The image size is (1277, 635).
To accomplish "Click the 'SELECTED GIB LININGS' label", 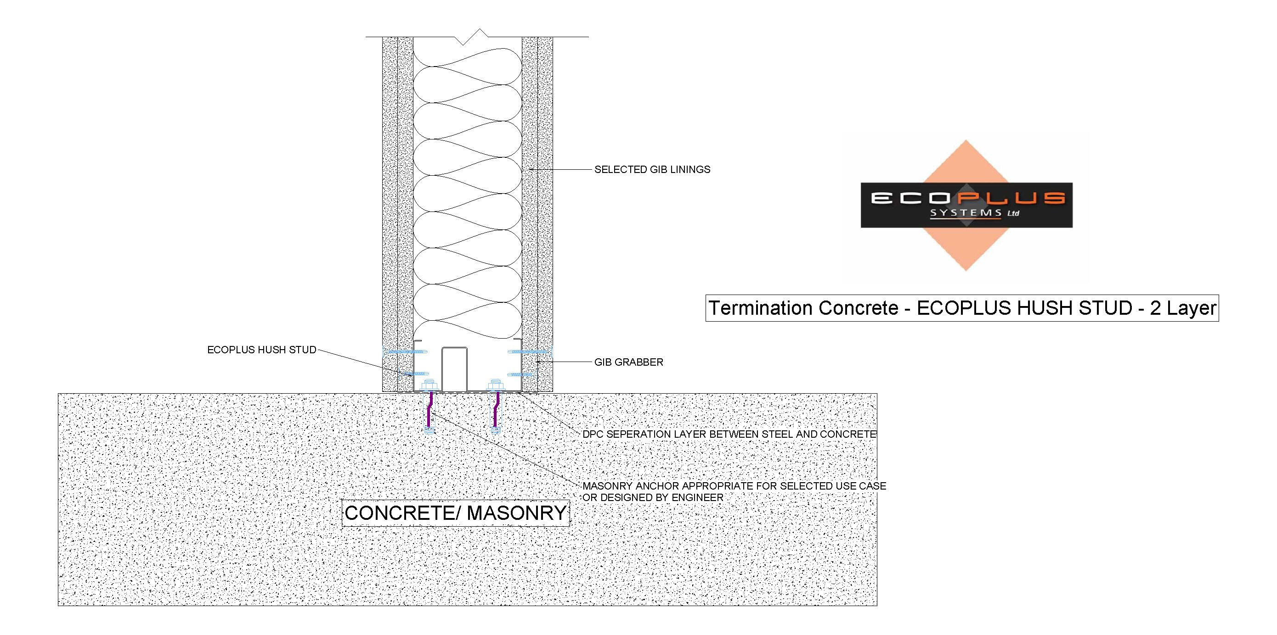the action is click(652, 169).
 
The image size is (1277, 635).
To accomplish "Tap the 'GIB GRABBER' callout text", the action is click(628, 362).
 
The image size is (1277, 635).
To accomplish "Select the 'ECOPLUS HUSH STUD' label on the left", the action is click(262, 350).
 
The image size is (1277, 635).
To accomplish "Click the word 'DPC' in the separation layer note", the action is click(593, 434).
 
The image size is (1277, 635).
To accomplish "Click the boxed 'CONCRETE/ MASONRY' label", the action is click(456, 513).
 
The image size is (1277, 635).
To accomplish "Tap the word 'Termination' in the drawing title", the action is click(754, 308).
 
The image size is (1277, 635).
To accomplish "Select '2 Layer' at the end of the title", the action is click(1183, 308).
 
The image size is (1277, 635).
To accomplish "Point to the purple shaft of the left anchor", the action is click(429, 409).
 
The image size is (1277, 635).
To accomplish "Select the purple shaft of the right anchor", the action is click(496, 409).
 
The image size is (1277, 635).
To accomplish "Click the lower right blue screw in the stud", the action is click(520, 374).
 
